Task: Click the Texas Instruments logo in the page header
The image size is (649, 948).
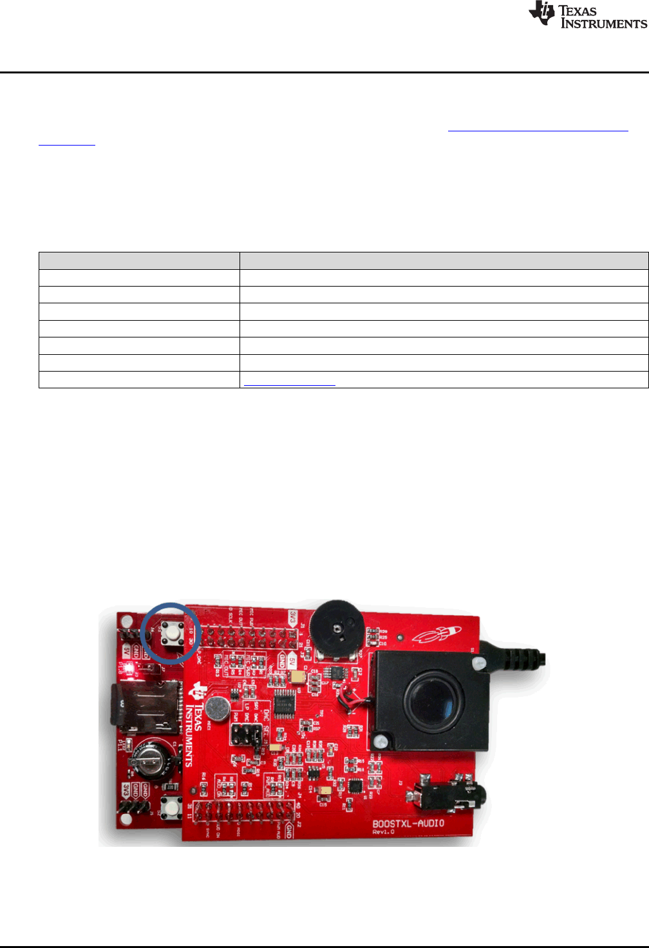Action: tap(587, 15)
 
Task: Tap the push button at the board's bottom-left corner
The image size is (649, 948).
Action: tap(171, 806)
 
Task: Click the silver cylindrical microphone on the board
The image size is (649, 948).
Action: tap(218, 708)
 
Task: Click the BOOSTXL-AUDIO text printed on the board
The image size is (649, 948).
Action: tap(408, 824)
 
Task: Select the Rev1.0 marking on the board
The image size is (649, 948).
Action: tap(383, 833)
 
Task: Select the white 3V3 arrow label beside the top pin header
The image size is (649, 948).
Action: tap(292, 620)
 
